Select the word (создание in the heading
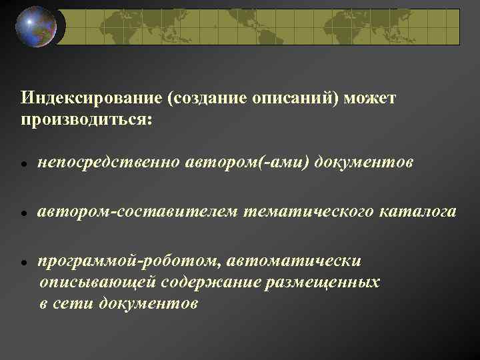[210, 99]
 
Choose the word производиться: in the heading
[86, 119]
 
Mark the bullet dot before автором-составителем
[23, 214]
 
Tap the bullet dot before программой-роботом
[23, 264]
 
